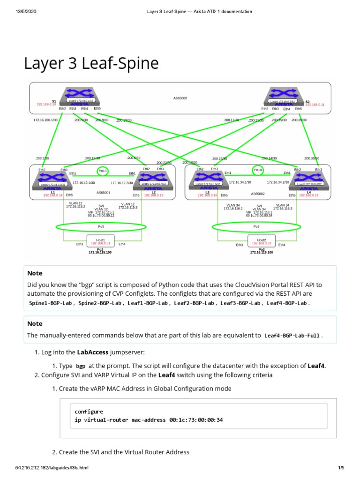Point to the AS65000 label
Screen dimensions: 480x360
tap(180, 98)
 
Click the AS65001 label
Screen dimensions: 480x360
tap(104, 193)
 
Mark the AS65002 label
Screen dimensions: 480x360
tap(258, 193)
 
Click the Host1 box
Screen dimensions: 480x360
tap(100, 241)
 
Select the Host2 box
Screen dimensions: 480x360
tap(262, 241)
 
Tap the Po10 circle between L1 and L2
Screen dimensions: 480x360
tap(102, 171)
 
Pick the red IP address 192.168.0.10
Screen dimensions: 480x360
tap(46, 105)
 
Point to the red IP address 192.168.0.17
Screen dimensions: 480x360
tap(308, 195)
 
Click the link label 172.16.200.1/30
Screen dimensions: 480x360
tap(45, 120)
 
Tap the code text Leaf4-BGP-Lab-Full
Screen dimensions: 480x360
tap(293, 336)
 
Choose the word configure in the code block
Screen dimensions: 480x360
tap(89, 412)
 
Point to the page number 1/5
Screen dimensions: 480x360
tap(341, 468)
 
